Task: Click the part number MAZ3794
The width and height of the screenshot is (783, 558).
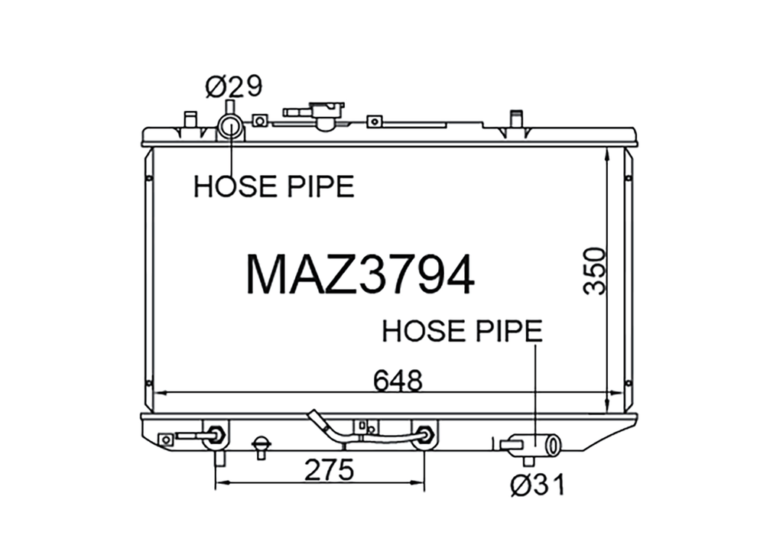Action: (360, 275)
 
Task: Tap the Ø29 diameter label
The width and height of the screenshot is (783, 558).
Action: (234, 87)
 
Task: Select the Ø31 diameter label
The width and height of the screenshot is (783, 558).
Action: (538, 485)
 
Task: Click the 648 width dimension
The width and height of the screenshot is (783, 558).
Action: (398, 381)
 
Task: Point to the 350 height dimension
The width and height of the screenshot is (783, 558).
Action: (595, 271)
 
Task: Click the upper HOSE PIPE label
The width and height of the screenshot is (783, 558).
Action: (274, 187)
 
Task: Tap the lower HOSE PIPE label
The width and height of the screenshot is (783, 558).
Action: (462, 331)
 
